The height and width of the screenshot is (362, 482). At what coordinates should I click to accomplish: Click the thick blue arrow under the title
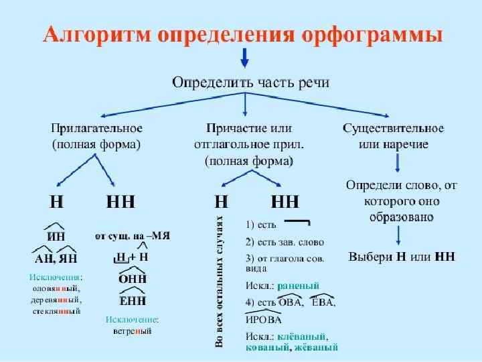pyautogui.click(x=245, y=59)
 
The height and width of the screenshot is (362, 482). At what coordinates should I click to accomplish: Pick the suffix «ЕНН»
pyautogui.click(x=133, y=300)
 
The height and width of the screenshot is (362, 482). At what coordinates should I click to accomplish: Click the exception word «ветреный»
pyautogui.click(x=132, y=331)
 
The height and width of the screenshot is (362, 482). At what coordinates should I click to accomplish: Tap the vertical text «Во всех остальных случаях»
pyautogui.click(x=219, y=282)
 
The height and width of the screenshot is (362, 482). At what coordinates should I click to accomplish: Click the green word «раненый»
pyautogui.click(x=298, y=284)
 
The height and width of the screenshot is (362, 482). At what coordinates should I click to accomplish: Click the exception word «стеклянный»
pyautogui.click(x=56, y=312)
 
